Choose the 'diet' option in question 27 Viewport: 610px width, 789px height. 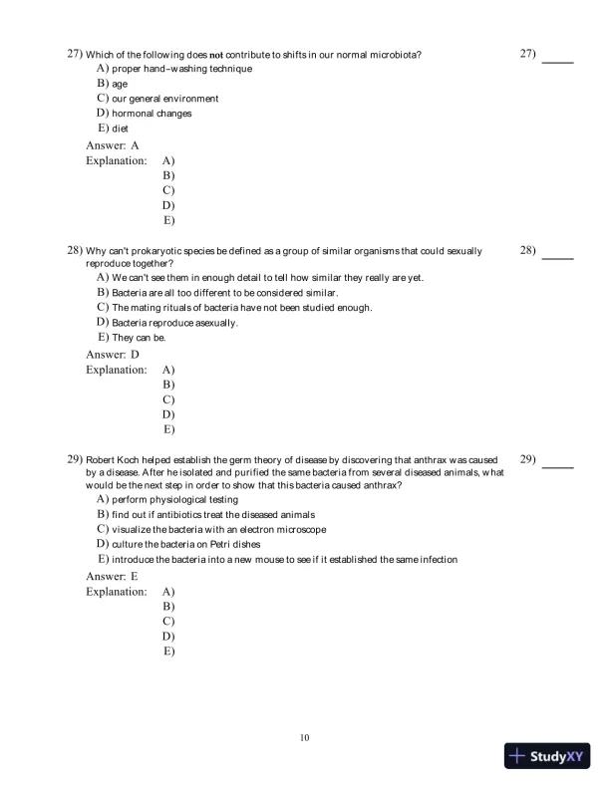pos(120,129)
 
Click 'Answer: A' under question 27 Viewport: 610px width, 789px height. pos(112,145)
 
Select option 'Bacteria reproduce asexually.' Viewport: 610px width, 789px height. pos(174,323)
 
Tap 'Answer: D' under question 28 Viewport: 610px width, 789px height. pos(112,355)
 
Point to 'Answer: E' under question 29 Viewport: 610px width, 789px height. pos(112,576)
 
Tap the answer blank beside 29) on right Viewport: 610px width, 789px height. pos(558,465)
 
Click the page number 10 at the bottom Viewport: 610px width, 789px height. pos(305,737)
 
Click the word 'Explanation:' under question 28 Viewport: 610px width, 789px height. pos(116,370)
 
